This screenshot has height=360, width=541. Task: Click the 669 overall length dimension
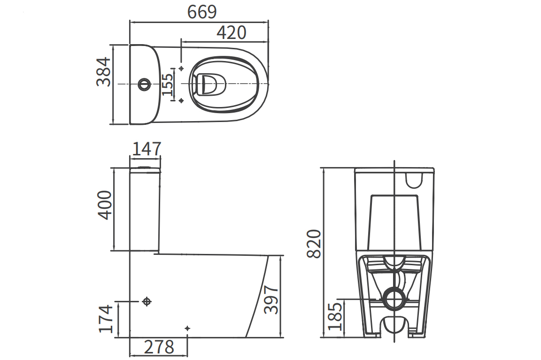tap(202, 12)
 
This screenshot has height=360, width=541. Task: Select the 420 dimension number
tap(231, 32)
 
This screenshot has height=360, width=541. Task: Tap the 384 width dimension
tap(103, 72)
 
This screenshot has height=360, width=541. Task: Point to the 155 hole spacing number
tap(167, 84)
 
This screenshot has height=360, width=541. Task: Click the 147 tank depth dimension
tap(147, 149)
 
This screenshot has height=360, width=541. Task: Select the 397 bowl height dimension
tap(271, 299)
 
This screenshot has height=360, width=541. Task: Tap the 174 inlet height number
tap(106, 318)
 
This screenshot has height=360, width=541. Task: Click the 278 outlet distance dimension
tap(159, 347)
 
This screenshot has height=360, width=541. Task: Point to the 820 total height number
tap(314, 244)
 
